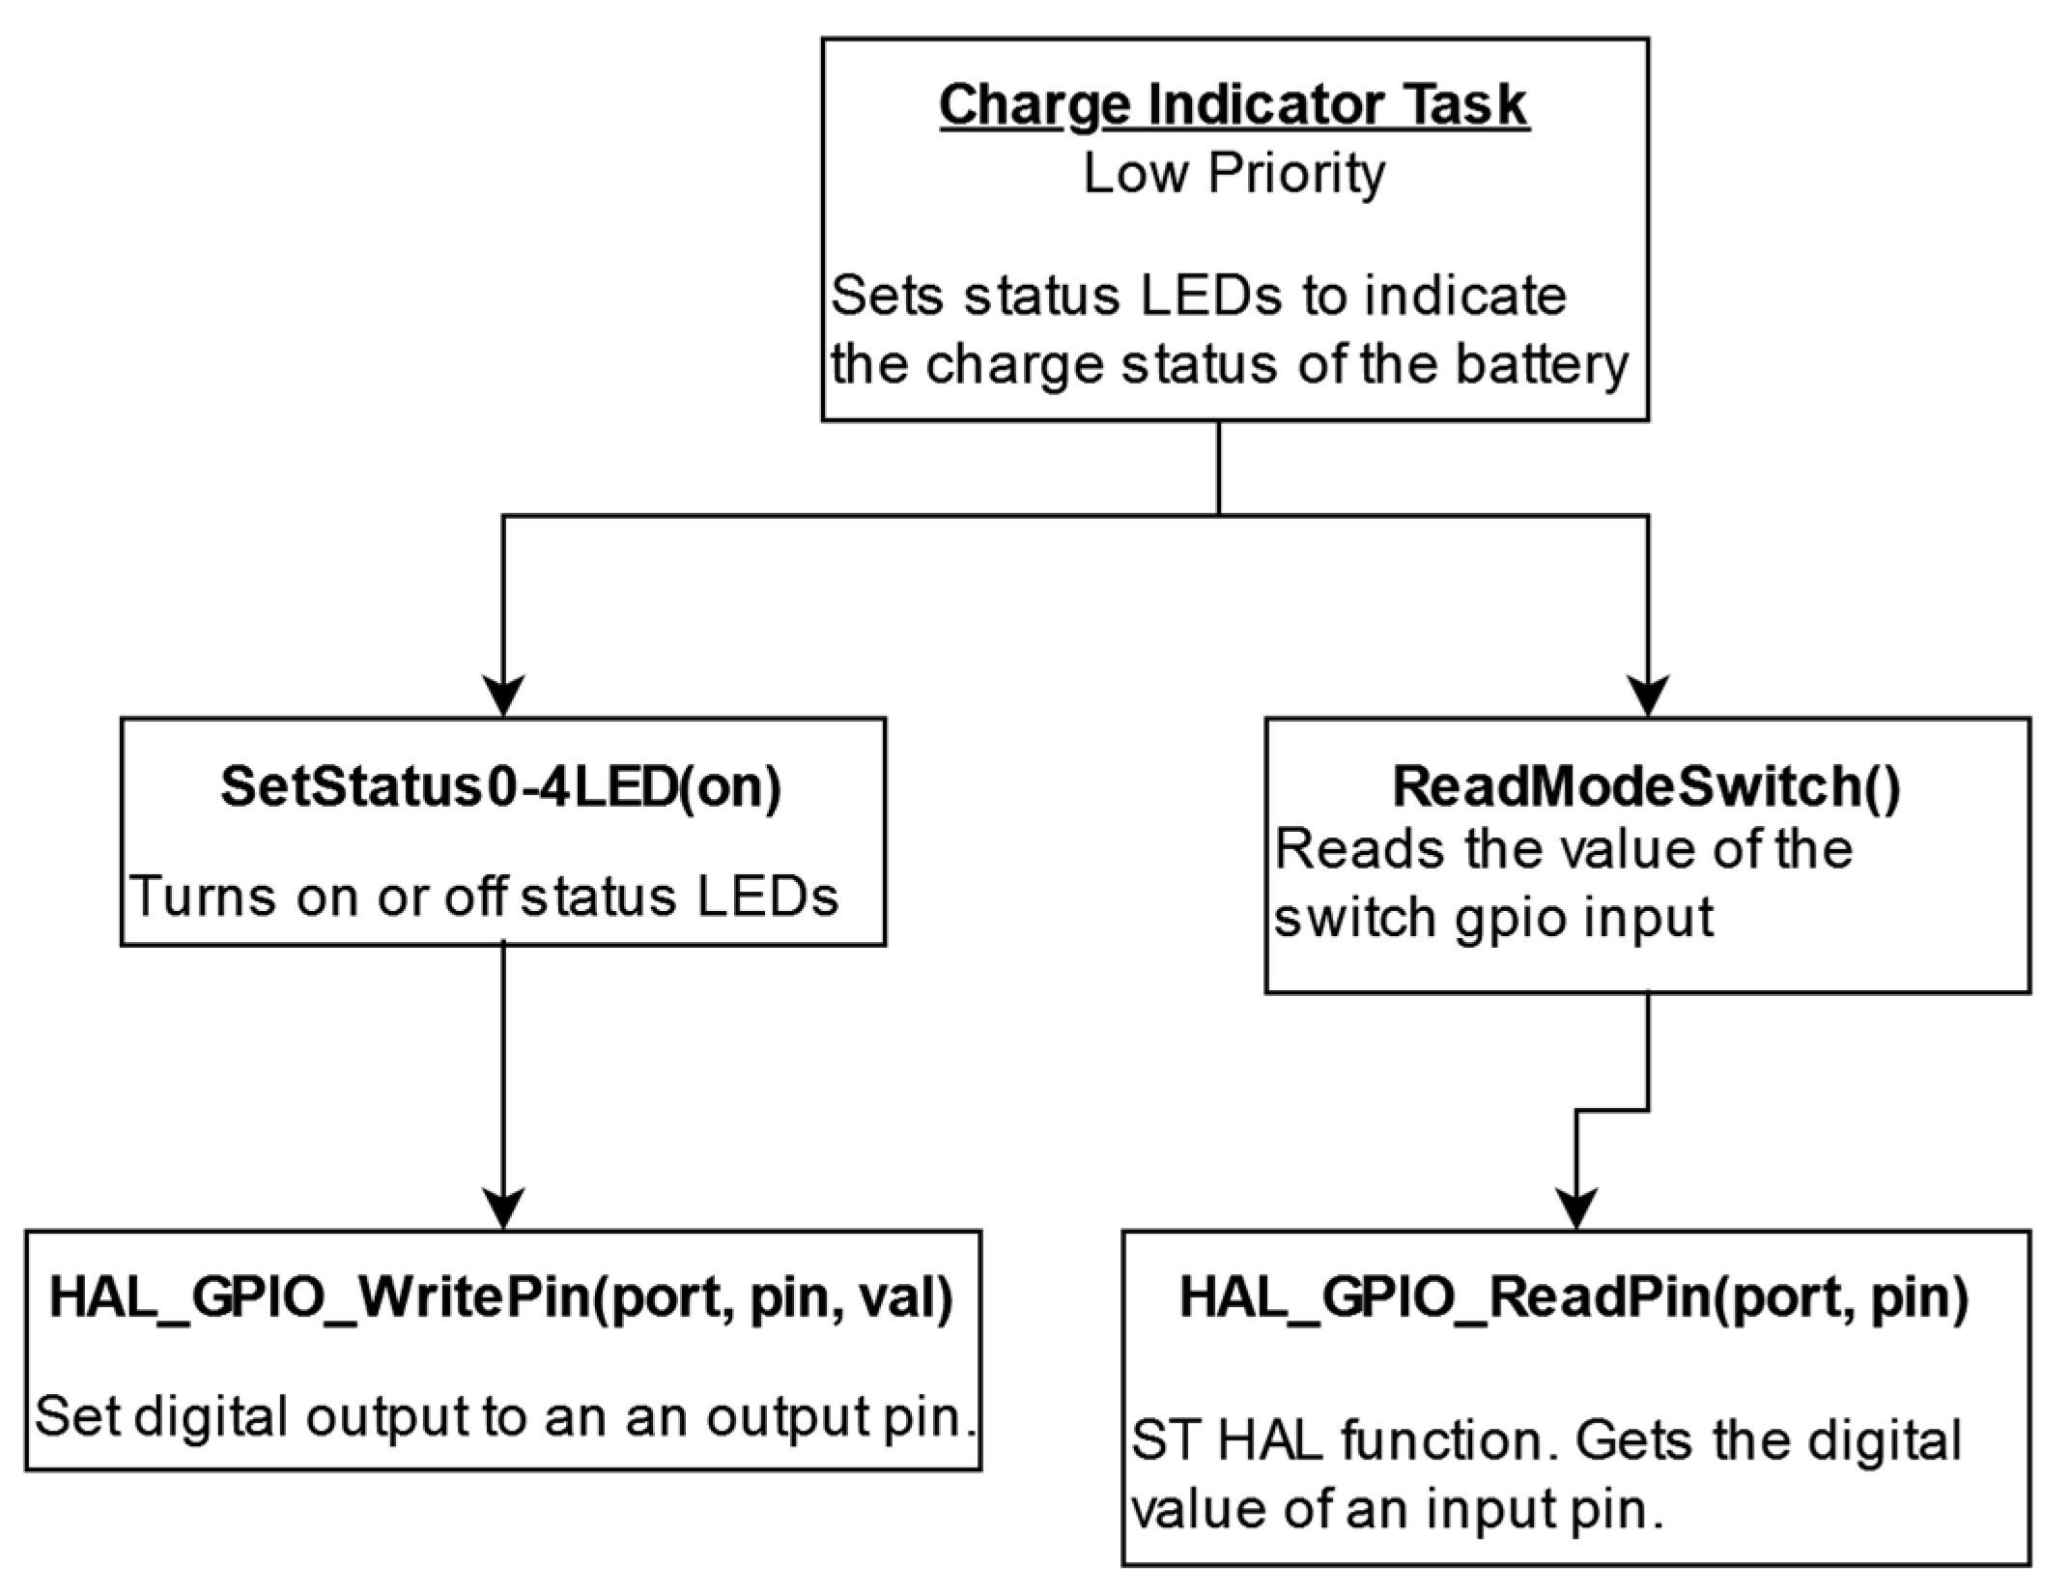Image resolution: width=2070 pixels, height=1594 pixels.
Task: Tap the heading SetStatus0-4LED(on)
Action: click(x=501, y=787)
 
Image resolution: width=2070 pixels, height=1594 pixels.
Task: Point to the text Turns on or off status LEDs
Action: click(x=484, y=897)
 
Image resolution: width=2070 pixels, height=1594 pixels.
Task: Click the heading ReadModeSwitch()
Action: click(x=1646, y=787)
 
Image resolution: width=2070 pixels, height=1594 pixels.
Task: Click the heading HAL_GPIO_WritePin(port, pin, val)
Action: click(x=501, y=1297)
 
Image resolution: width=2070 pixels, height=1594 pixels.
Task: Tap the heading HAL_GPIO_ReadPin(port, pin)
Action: click(x=1574, y=1297)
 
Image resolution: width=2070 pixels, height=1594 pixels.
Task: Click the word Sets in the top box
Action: click(x=890, y=296)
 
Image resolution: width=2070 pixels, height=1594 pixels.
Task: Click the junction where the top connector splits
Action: click(x=1219, y=516)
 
